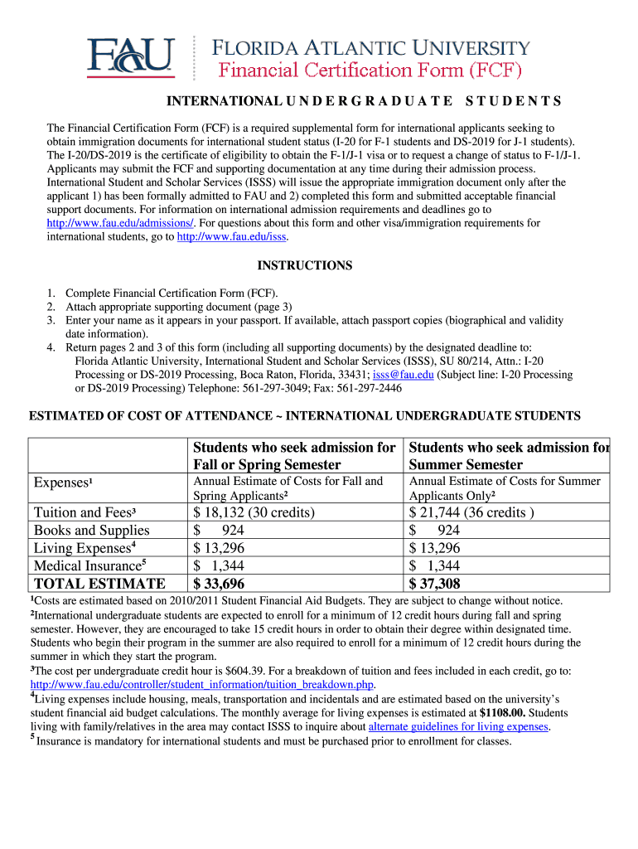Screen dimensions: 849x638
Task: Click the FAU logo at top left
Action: [x=133, y=56]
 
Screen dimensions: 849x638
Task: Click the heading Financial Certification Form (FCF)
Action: [x=369, y=69]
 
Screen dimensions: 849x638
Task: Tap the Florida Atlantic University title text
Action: [x=371, y=47]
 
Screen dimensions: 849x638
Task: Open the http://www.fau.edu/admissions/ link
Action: [x=120, y=223]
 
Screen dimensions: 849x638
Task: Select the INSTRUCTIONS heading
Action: [x=305, y=265]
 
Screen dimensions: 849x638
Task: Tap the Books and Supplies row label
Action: [x=92, y=531]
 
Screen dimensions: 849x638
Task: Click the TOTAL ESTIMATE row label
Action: [x=99, y=584]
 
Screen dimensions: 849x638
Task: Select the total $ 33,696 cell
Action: [x=220, y=584]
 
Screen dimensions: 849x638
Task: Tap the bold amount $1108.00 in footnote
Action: [x=503, y=712]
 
